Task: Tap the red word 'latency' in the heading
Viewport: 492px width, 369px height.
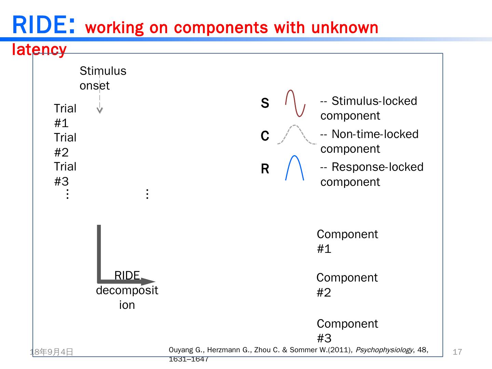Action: coord(39,50)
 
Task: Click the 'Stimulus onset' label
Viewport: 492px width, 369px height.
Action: coord(102,78)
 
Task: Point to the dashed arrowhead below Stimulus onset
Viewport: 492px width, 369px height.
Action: coord(100,110)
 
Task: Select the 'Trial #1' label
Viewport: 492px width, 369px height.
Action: coord(65,115)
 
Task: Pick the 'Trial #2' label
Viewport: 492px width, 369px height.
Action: coord(65,145)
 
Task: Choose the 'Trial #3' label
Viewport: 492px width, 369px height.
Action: coord(65,174)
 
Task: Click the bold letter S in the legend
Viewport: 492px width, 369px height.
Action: coord(265,103)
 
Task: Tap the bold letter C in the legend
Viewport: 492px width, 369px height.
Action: coord(265,136)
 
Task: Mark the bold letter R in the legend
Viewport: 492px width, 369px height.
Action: coord(265,169)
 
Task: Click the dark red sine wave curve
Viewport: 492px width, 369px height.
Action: coord(295,103)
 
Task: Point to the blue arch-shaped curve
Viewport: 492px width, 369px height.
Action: coord(295,167)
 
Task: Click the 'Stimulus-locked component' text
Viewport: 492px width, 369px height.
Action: coord(368,108)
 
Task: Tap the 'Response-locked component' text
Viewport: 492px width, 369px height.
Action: coord(371,174)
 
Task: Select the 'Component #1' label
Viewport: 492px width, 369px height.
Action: coord(347,241)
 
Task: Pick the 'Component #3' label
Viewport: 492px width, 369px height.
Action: coord(347,331)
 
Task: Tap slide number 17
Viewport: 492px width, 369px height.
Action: coord(457,352)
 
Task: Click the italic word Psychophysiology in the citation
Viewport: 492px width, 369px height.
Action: coord(384,350)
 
